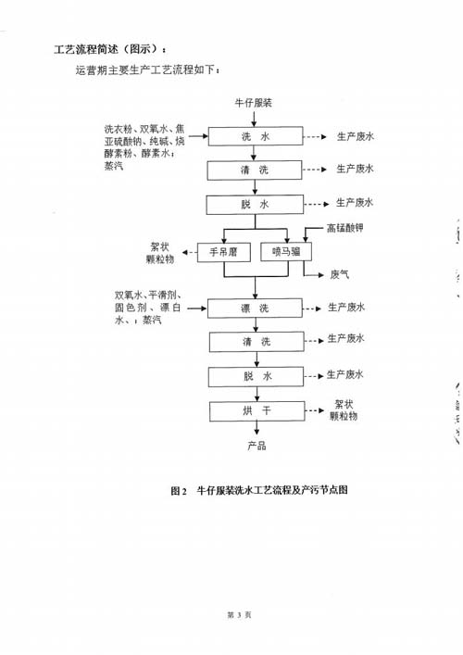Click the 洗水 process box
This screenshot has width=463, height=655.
tap(256, 136)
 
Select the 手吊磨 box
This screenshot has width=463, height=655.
tap(224, 252)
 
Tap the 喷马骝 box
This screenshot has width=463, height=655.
tap(286, 252)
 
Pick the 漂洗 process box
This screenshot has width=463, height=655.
tap(255, 309)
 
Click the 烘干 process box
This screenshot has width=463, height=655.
tap(257, 411)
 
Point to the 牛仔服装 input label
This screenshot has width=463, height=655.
tap(254, 103)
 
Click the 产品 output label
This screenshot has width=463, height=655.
tap(257, 446)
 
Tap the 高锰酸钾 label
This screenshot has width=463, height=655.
tap(344, 228)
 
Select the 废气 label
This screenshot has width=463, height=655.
tap(340, 274)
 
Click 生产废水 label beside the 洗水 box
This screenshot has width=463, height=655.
tap(356, 136)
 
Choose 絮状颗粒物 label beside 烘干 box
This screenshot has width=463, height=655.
tap(344, 409)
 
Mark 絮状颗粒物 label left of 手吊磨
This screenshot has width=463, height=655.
tap(160, 253)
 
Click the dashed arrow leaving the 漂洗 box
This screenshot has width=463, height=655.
tap(312, 309)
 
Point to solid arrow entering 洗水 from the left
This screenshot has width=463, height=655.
tap(198, 136)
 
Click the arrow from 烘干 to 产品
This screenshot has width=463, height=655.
tap(257, 428)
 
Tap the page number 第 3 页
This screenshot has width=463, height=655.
tap(239, 614)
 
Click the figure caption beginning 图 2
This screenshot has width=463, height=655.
tap(259, 490)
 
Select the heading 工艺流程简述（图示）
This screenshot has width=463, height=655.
tap(110, 49)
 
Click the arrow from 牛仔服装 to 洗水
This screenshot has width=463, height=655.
tap(255, 118)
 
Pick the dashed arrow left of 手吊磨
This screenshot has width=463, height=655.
tap(190, 253)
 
